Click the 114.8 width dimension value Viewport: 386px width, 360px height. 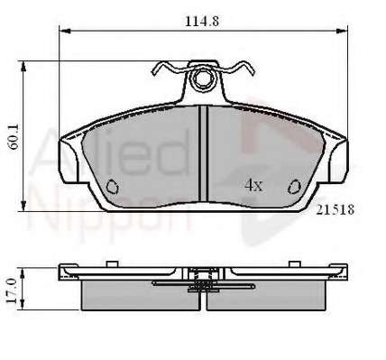tap(202, 22)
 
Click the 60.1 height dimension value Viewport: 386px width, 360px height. tap(14, 137)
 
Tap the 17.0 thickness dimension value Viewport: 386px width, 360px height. tap(12, 291)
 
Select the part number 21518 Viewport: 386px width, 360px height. tap(335, 209)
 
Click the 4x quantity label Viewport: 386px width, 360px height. tap(253, 186)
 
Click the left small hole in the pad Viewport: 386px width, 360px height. tap(113, 187)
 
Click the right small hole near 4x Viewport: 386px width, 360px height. tap(294, 187)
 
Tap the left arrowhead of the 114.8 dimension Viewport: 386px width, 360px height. tap(65, 31)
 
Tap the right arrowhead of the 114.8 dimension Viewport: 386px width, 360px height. tap(342, 31)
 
